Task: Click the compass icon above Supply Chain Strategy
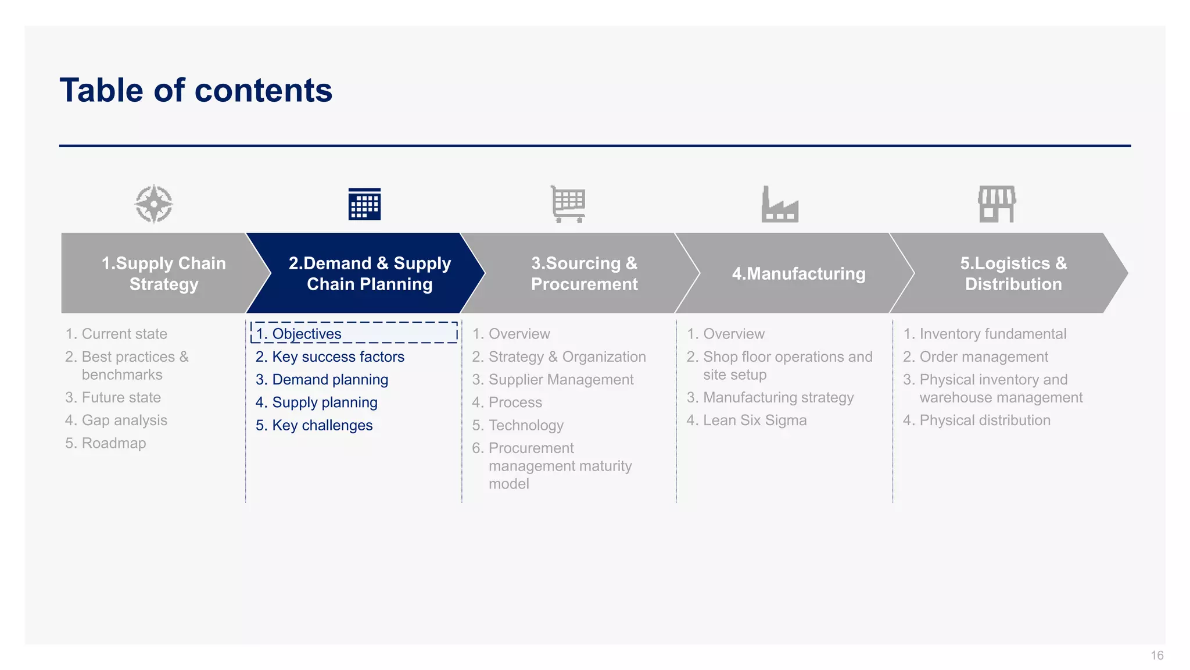point(153,204)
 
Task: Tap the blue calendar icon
point(364,204)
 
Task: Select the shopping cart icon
point(568,204)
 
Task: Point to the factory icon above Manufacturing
point(780,204)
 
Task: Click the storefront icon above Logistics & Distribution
point(997,204)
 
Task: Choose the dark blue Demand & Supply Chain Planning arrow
point(369,273)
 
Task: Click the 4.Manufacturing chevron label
point(798,273)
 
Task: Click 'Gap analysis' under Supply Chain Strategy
point(124,420)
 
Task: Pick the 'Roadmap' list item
point(113,443)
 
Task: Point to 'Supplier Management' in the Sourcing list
point(561,379)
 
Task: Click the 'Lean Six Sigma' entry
point(754,420)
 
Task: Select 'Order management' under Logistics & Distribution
point(983,357)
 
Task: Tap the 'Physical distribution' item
point(984,420)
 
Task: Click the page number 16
point(1157,655)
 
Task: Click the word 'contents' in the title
point(263,91)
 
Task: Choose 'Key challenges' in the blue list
point(322,425)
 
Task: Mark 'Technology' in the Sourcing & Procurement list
point(526,425)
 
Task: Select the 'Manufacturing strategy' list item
point(778,397)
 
